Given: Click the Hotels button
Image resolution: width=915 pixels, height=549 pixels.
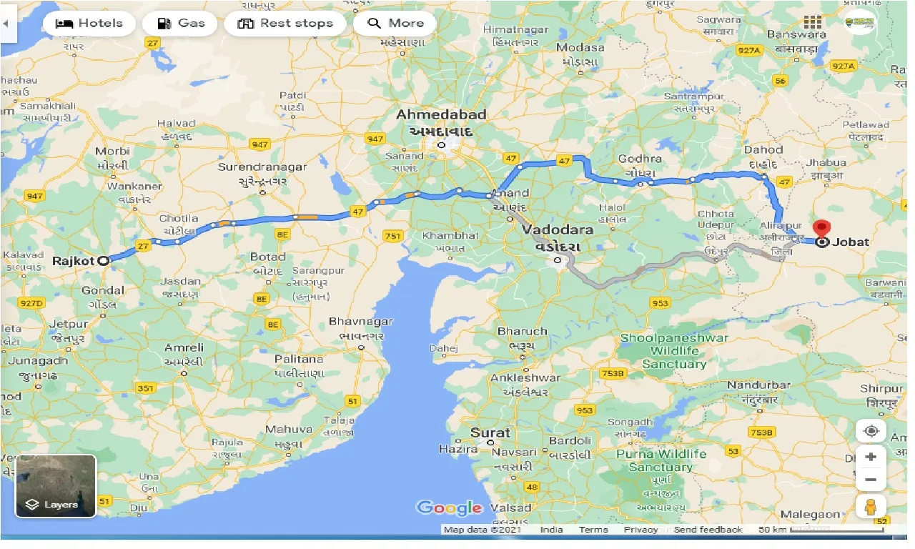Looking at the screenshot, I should pos(89,24).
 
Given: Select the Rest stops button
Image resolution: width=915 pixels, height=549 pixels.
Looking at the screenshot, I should pos(285,24).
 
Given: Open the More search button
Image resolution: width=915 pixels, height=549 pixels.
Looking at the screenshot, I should pos(395,24).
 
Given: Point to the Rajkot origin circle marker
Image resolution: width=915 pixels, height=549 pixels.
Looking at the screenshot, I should pos(104,261).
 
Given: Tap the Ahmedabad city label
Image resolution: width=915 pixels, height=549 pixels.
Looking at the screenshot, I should pos(441,115).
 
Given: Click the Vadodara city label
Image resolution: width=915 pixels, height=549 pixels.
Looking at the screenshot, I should pos(558,230).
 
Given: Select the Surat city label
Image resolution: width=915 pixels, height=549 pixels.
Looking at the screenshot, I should pos(490,432).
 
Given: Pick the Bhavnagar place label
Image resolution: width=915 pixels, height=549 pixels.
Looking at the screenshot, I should pos(361,322).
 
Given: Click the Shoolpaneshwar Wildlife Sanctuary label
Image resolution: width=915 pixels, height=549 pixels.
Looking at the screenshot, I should pos(674,351).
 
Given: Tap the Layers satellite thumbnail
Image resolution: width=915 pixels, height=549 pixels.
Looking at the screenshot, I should pos(56,486).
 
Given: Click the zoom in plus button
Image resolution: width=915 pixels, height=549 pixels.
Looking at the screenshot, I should pos(871,456).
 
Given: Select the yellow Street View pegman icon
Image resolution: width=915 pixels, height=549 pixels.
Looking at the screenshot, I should pos(871,507).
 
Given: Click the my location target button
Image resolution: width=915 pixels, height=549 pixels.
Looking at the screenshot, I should pos(871,431).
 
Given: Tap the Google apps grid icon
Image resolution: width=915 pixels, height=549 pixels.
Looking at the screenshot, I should pos(812,23).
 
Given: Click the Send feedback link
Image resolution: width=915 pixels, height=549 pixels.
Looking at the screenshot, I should pos(708,530).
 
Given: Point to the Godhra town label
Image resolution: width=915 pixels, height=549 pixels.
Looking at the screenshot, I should pos(640,158).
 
